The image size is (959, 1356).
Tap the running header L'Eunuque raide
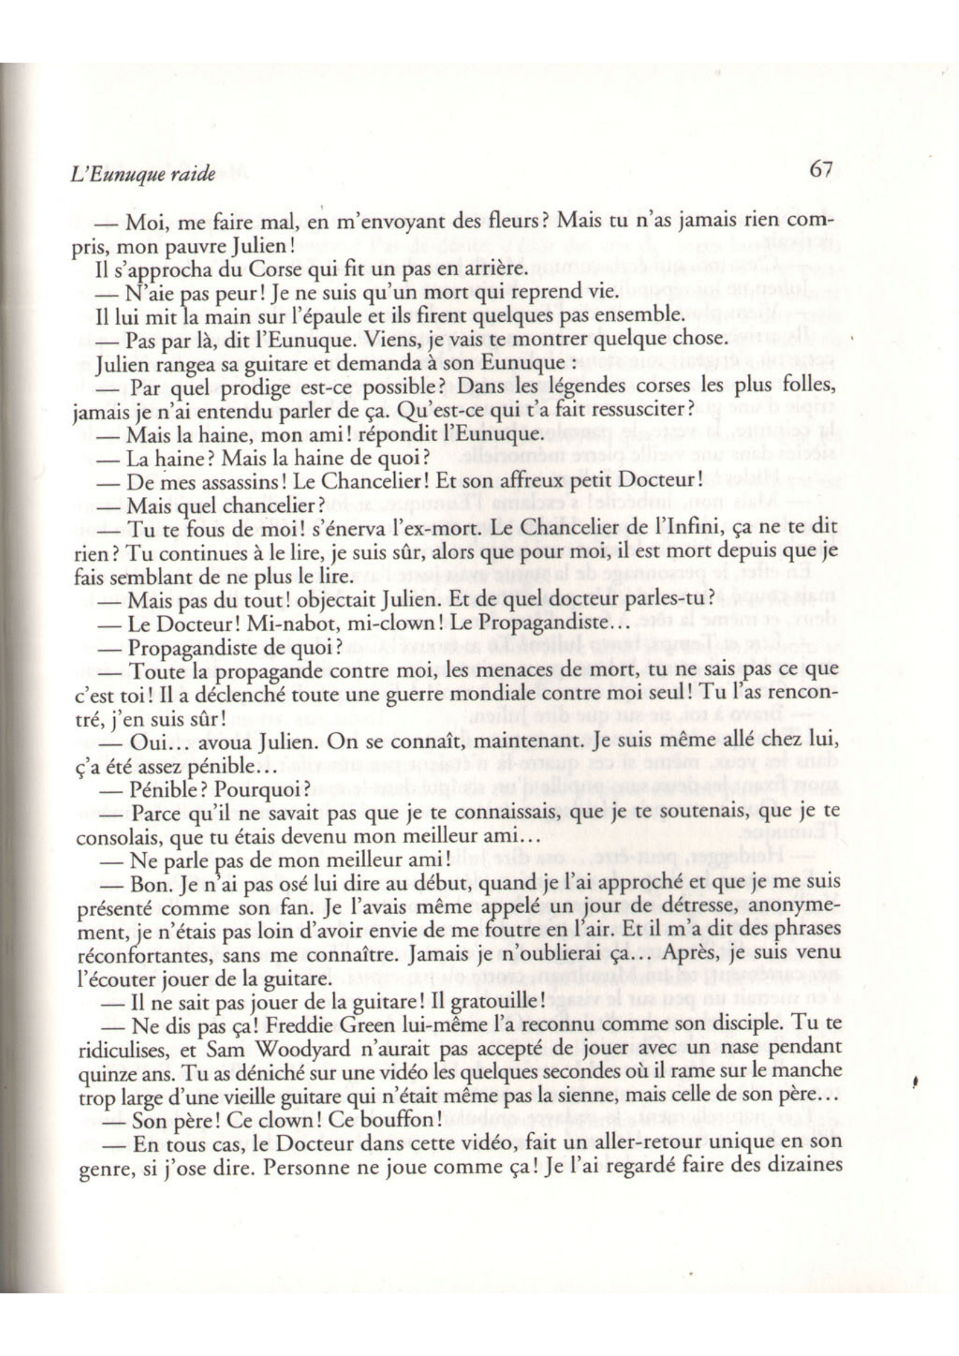tap(142, 176)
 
